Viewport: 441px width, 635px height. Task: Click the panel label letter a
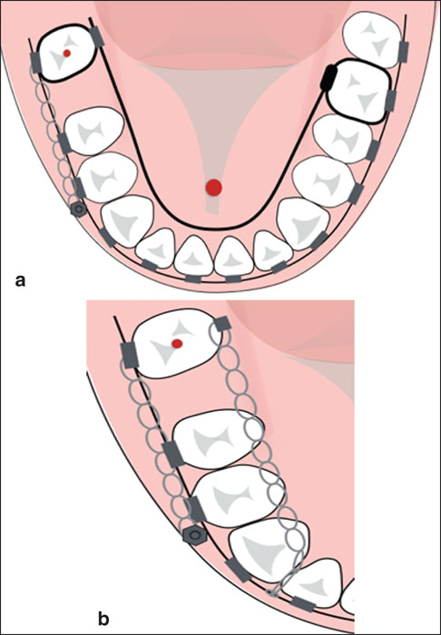pos(20,280)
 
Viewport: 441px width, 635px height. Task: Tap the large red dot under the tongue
pos(213,188)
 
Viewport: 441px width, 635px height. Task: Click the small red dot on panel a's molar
pos(67,53)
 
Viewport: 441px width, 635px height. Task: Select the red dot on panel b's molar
pos(177,344)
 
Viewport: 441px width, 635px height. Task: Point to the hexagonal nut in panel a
pos(78,210)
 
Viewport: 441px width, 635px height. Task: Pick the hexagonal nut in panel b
pos(195,534)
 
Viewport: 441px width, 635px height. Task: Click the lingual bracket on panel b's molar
pos(222,324)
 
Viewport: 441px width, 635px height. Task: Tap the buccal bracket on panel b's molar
pos(130,356)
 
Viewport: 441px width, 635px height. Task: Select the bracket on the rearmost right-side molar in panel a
pos(403,52)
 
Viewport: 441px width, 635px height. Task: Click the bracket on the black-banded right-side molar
pos(390,101)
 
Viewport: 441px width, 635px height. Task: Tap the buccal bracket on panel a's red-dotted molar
pos(36,63)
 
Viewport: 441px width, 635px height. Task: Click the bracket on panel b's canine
pos(239,571)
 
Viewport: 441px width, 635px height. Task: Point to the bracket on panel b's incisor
pos(304,603)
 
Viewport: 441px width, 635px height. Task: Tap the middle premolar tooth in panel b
pos(236,495)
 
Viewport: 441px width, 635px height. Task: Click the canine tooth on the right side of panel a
pos(304,224)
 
